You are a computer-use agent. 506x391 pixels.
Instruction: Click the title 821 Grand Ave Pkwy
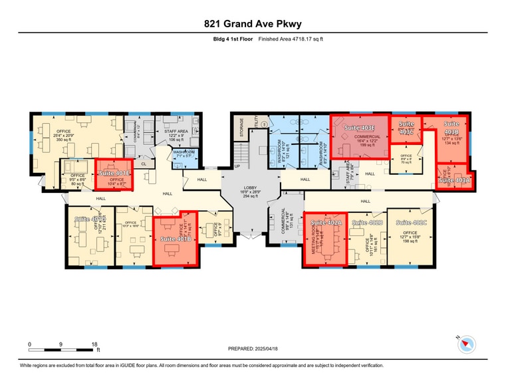tap(253, 24)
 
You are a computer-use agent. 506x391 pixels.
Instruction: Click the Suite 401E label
tap(114, 173)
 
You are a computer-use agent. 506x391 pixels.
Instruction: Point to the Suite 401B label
tap(176, 239)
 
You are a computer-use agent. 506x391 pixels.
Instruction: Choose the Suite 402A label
tap(326, 223)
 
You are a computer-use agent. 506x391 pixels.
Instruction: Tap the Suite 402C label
tap(411, 223)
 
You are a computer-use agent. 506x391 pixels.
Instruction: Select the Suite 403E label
tap(360, 128)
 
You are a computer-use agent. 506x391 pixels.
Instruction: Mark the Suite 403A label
tap(455, 180)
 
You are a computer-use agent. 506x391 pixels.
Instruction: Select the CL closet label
tap(144, 163)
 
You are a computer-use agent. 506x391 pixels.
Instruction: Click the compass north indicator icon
tap(467, 344)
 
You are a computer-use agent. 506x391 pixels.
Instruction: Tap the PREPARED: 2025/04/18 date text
tap(253, 348)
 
